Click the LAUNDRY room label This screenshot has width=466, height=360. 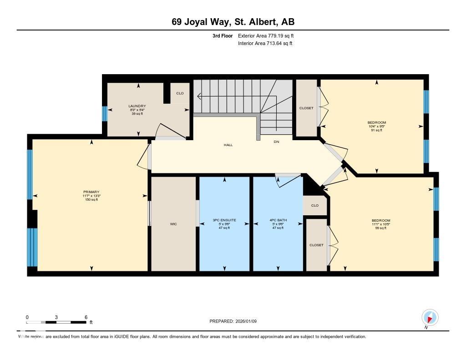(x=137, y=106)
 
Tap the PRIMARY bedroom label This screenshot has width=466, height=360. (x=91, y=192)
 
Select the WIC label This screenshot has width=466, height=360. (x=173, y=224)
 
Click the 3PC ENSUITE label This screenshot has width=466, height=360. (x=224, y=220)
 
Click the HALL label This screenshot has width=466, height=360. (x=228, y=145)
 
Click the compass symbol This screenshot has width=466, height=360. (x=430, y=317)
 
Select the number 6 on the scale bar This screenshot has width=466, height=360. (x=86, y=317)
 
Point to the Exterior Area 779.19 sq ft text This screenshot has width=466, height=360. (x=268, y=35)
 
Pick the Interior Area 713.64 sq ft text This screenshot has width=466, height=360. (x=265, y=44)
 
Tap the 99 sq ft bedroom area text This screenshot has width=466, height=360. (x=380, y=228)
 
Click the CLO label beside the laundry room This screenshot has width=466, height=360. (x=180, y=93)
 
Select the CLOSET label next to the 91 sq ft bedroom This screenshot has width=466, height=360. (x=306, y=108)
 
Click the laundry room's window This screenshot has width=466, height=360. (x=105, y=114)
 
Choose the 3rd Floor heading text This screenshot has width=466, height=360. (x=223, y=35)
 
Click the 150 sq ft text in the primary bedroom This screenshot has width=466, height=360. (x=91, y=200)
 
